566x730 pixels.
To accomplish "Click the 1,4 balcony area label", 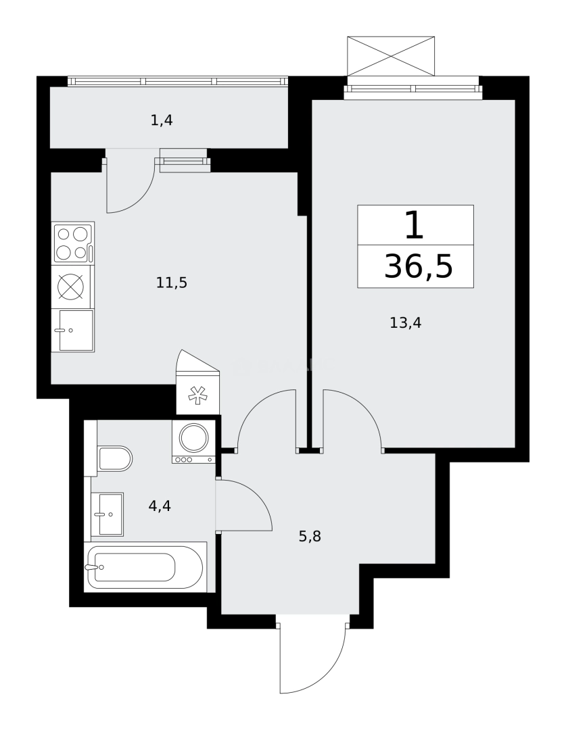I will pos(162,121).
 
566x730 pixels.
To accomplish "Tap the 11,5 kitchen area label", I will pos(171,283).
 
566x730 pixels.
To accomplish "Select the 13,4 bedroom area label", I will pos(406,323).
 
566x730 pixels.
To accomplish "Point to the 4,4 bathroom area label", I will pos(160,506).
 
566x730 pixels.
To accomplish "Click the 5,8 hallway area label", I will pos(310,537).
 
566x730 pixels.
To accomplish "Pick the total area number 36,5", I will pos(418,267).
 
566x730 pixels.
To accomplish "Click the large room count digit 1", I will pos(414,226).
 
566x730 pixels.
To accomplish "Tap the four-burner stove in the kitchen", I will pos(72,243).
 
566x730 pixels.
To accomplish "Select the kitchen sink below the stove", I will pos(74,331).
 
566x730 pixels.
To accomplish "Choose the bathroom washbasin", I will pos(108,514).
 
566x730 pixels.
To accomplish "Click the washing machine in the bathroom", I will pos(193,441).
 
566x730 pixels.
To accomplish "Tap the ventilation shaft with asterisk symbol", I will pos(197,395).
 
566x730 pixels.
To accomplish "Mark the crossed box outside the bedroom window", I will pos(390,56).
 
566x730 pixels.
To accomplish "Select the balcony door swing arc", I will pos(131,189).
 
